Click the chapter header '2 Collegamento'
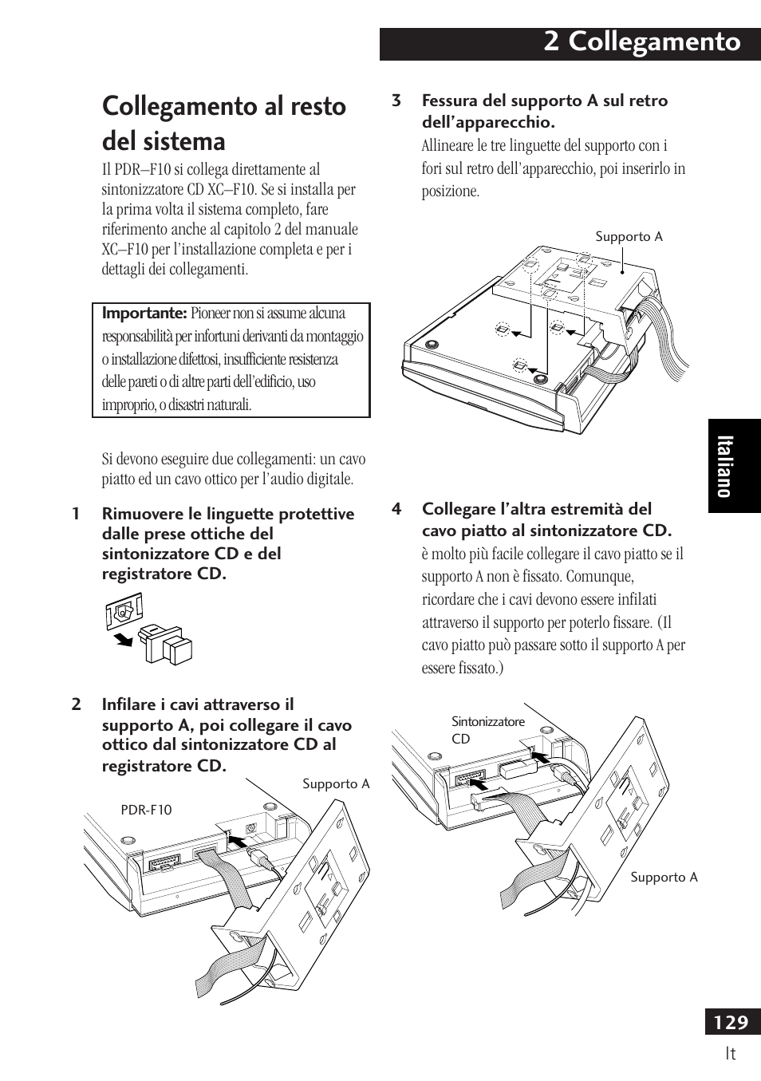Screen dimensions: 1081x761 [642, 42]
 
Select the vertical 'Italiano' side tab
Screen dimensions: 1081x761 [724, 466]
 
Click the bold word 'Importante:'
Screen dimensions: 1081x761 [144, 314]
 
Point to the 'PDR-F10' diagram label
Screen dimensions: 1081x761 [146, 810]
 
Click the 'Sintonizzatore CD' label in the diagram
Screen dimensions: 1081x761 [487, 730]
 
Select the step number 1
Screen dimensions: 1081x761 [77, 515]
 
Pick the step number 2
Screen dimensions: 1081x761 [77, 705]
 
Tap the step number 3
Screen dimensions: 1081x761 [396, 101]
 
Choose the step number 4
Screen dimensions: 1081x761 [396, 510]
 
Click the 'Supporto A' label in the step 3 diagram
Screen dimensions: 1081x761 [629, 237]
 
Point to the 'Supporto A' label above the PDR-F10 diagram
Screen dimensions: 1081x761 [336, 784]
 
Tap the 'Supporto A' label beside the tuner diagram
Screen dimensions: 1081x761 [664, 878]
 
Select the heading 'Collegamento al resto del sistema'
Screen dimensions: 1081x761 [224, 124]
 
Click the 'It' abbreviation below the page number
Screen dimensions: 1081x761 [730, 1054]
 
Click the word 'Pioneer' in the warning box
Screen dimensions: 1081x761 [214, 314]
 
